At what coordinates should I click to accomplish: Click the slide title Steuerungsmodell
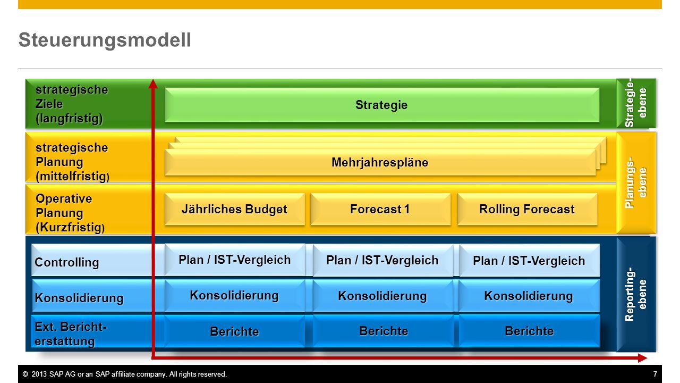[x=105, y=40]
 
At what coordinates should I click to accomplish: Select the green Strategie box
[x=382, y=105]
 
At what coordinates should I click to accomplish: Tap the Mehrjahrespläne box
[x=380, y=162]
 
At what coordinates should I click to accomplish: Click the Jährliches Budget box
[x=235, y=209]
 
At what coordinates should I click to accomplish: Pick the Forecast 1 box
[x=380, y=209]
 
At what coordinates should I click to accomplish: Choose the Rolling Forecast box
[x=528, y=209]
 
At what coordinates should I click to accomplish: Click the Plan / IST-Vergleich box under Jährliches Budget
[x=235, y=260]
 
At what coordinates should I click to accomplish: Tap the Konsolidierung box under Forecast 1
[x=383, y=296]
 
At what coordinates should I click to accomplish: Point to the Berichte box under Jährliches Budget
[x=235, y=331]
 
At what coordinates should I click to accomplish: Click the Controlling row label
[x=67, y=262]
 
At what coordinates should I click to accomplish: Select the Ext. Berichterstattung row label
[x=71, y=334]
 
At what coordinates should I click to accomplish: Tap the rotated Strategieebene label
[x=636, y=103]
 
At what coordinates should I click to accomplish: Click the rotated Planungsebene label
[x=636, y=182]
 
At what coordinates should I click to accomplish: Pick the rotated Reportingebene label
[x=636, y=294]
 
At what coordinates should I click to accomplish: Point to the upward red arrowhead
[x=153, y=84]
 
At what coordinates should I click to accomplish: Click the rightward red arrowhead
[x=642, y=358]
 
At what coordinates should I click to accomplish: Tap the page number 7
[x=655, y=374]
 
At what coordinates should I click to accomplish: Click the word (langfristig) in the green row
[x=69, y=118]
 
